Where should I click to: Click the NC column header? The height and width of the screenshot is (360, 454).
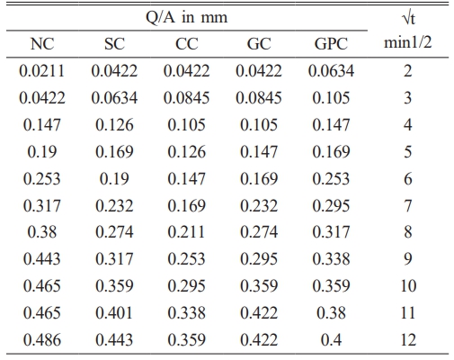(x=42, y=44)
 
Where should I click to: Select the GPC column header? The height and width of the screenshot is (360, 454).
(x=331, y=44)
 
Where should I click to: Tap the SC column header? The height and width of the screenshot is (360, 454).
(x=114, y=44)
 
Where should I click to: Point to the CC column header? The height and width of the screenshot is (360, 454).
(x=186, y=44)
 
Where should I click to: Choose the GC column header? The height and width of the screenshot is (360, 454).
(x=259, y=44)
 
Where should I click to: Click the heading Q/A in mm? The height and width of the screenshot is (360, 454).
(x=186, y=17)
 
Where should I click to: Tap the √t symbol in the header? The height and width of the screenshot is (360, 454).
(x=408, y=19)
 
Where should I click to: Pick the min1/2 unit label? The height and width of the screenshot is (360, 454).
(x=408, y=42)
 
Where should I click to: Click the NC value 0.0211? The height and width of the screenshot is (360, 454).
(x=42, y=71)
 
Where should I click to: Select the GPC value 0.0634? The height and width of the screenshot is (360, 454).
(x=331, y=71)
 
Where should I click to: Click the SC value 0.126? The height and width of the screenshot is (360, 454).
(x=114, y=125)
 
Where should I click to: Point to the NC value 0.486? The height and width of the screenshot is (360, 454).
(x=42, y=340)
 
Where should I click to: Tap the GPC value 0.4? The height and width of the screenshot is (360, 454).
(x=331, y=340)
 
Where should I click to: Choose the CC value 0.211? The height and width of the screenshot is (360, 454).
(x=186, y=232)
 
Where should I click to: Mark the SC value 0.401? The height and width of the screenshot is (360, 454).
(x=114, y=313)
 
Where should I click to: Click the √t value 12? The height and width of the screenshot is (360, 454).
(x=408, y=340)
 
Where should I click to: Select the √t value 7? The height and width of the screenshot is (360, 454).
(x=408, y=206)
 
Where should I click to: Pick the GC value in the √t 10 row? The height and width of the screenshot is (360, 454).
(x=259, y=286)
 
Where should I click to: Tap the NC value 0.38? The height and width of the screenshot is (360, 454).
(x=42, y=232)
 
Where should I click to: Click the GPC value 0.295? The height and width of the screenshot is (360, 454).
(x=331, y=206)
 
